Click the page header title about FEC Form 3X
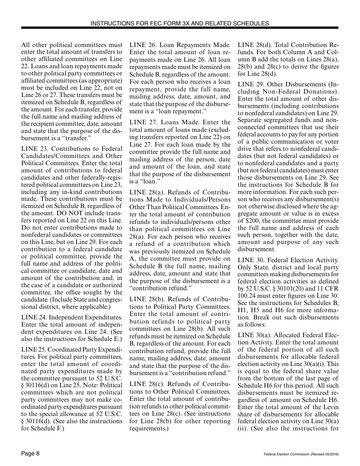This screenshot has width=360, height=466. tap(180, 23)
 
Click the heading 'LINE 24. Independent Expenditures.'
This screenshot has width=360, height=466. tap(72, 317)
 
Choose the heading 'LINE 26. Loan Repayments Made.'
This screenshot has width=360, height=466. tap(180, 45)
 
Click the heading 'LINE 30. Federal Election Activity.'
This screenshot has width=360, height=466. tap(288, 260)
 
